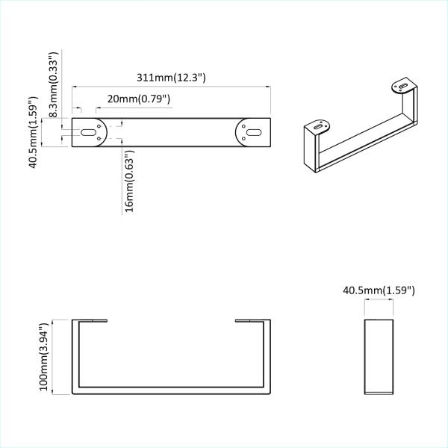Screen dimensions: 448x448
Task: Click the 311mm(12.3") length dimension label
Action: pyautogui.click(x=171, y=78)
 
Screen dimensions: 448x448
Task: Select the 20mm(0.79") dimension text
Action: pyautogui.click(x=140, y=99)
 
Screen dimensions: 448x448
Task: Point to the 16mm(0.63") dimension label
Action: pyautogui.click(x=130, y=181)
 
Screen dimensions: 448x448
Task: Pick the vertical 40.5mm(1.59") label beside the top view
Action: pyautogui.click(x=33, y=132)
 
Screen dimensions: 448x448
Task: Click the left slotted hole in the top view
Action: pyautogui.click(x=89, y=133)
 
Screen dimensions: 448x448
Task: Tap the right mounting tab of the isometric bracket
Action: pyautogui.click(x=403, y=87)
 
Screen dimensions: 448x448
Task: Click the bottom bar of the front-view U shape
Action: pyautogui.click(x=171, y=391)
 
